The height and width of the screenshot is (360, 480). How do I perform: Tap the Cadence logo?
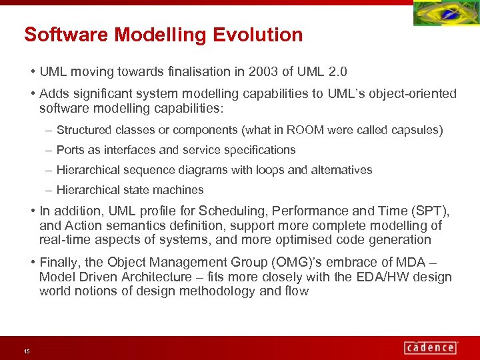pos(431,347)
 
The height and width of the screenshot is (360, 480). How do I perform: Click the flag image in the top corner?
pos(445,14)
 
